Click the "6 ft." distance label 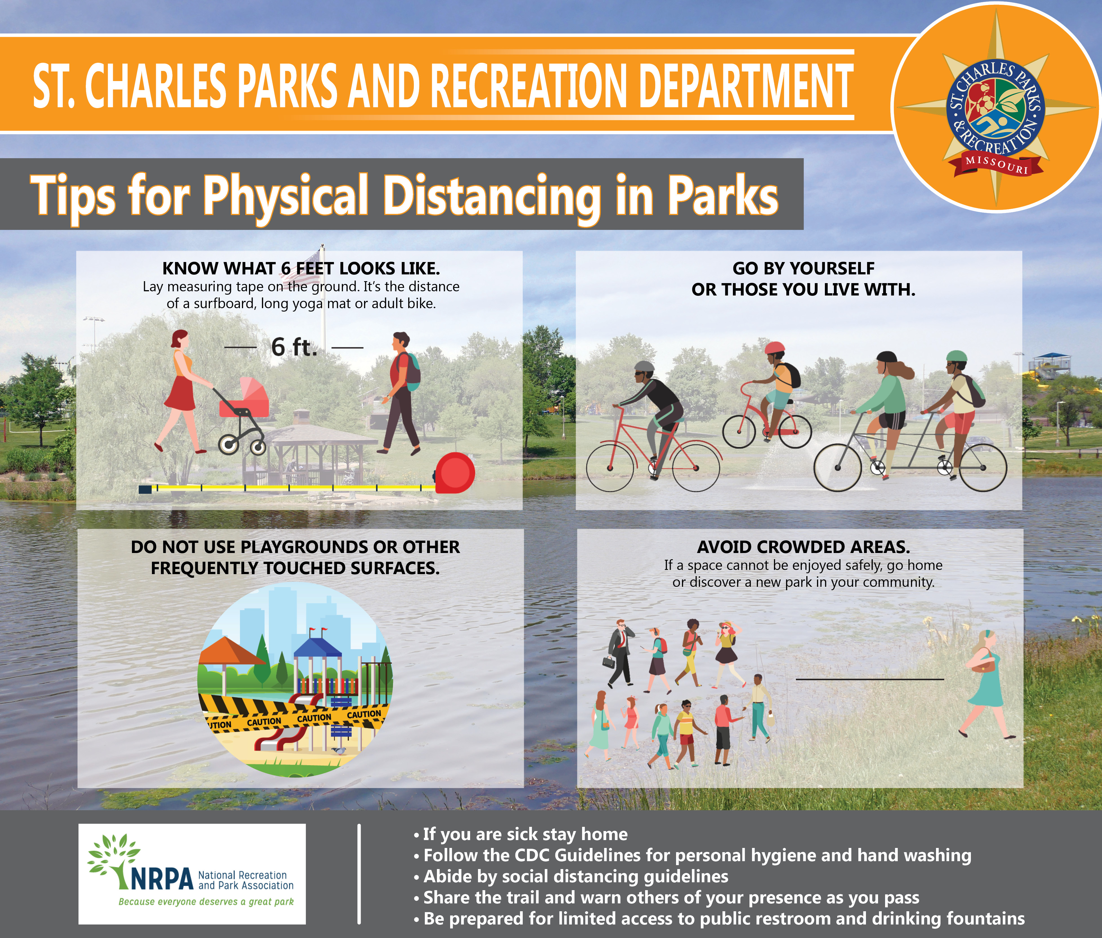294,347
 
